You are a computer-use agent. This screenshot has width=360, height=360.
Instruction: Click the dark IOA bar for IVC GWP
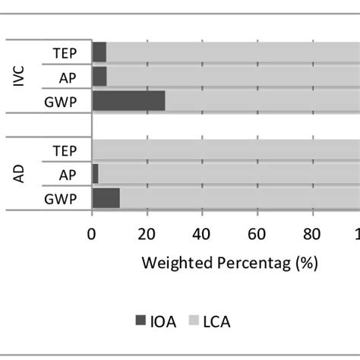[x=128, y=100]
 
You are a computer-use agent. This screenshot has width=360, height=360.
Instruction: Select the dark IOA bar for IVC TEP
[x=99, y=52]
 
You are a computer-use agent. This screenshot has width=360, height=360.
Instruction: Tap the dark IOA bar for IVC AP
[x=99, y=76]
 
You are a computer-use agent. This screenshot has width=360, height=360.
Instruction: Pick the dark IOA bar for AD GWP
[x=106, y=198]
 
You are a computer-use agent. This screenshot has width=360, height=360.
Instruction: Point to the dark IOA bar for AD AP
[x=95, y=174]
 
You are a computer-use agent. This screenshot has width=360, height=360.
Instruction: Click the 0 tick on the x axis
[x=92, y=234]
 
